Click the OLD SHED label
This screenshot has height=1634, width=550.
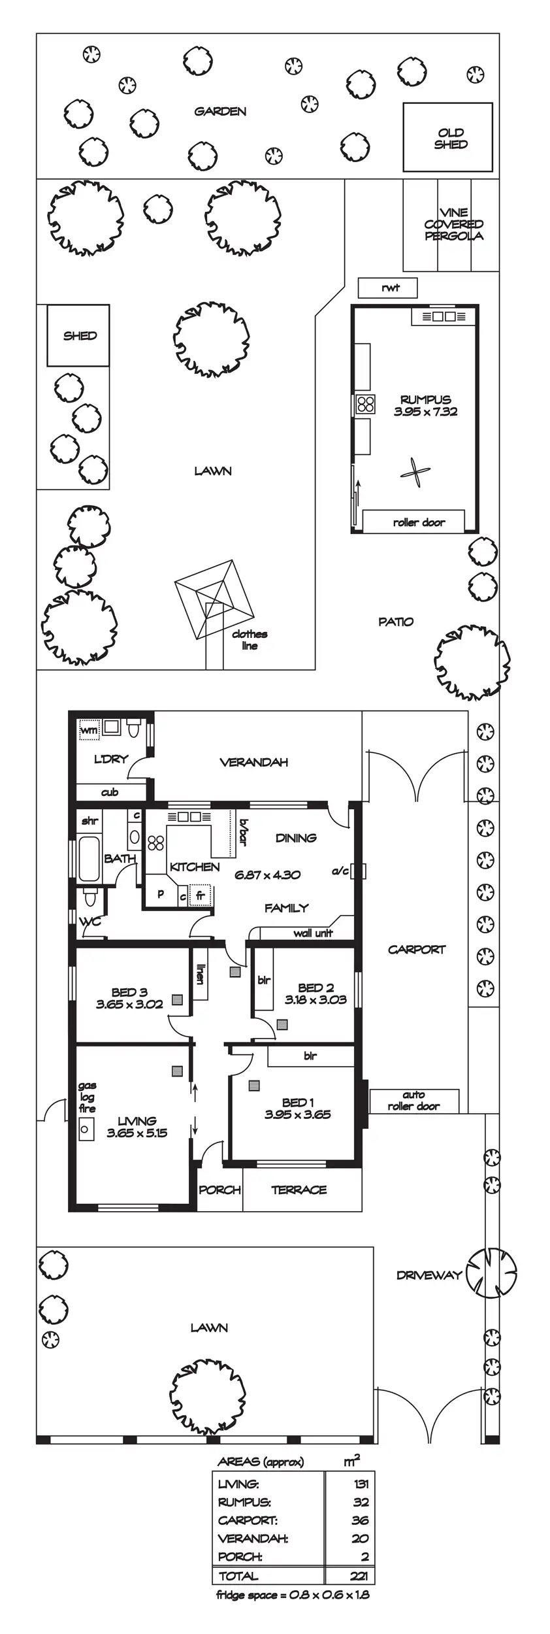point(451,139)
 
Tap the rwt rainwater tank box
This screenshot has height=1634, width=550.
point(388,288)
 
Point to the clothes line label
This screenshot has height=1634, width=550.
point(250,640)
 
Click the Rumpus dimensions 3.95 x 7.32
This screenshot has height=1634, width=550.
point(425,412)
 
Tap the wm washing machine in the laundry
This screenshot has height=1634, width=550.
point(89,729)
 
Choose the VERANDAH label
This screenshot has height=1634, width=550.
point(253,762)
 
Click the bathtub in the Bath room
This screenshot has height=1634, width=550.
point(89,858)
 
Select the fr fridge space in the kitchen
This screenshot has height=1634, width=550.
point(201,896)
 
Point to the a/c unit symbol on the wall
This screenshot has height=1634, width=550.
point(359,871)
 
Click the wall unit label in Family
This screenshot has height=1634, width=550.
point(313,933)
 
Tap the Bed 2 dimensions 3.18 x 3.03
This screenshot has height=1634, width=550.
point(315,999)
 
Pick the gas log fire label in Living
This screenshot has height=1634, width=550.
point(87,1097)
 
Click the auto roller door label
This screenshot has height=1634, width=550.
point(413,1101)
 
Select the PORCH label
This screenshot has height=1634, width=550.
point(219,1190)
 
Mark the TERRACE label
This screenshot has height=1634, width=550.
point(299,1190)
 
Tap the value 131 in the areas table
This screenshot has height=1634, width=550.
point(361,1484)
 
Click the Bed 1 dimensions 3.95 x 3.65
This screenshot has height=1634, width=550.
point(297,1114)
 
